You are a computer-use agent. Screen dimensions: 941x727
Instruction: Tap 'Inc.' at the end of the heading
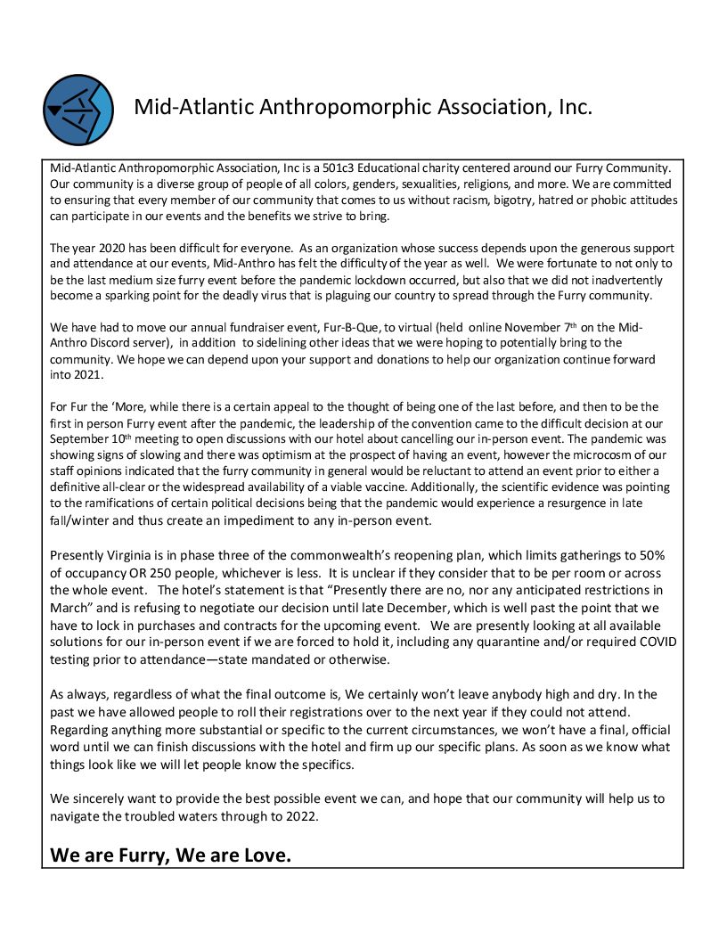(572, 107)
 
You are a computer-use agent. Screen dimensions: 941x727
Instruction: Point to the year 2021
(81, 376)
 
